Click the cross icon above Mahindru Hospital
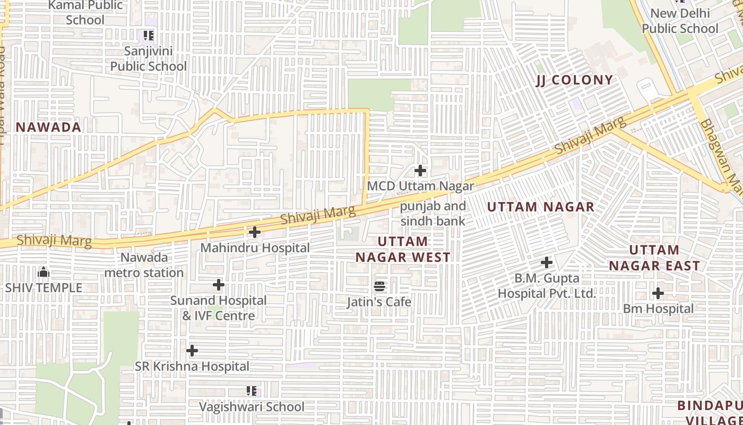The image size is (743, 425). click(255, 232)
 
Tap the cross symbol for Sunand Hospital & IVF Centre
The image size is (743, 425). click(219, 285)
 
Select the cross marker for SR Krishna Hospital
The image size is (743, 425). click(192, 351)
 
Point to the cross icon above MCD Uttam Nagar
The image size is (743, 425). click(420, 171)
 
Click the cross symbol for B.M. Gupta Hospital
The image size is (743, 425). click(547, 262)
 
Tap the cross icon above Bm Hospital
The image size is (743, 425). click(658, 293)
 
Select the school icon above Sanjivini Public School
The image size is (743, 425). click(149, 36)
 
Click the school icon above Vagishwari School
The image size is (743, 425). click(252, 391)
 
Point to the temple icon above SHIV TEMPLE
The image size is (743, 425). click(44, 273)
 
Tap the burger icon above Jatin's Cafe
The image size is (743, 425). click(379, 286)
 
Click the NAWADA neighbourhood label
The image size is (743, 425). click(48, 127)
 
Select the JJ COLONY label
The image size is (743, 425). click(574, 80)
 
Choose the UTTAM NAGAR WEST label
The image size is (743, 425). click(403, 249)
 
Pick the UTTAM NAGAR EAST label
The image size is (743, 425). click(654, 258)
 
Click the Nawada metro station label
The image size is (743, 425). click(144, 265)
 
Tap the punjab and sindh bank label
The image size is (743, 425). click(433, 214)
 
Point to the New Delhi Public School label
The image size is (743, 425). click(680, 21)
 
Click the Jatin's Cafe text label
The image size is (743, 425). click(379, 302)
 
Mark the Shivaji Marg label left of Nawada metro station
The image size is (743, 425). click(54, 241)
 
